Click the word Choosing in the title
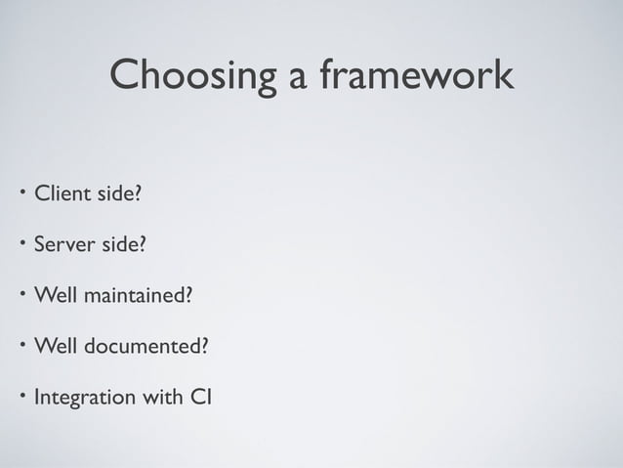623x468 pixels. [193, 75]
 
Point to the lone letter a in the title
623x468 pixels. [298, 78]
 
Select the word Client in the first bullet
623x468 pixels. [62, 193]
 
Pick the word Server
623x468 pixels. [65, 244]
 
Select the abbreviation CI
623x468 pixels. [203, 398]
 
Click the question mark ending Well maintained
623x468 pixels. [187, 295]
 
